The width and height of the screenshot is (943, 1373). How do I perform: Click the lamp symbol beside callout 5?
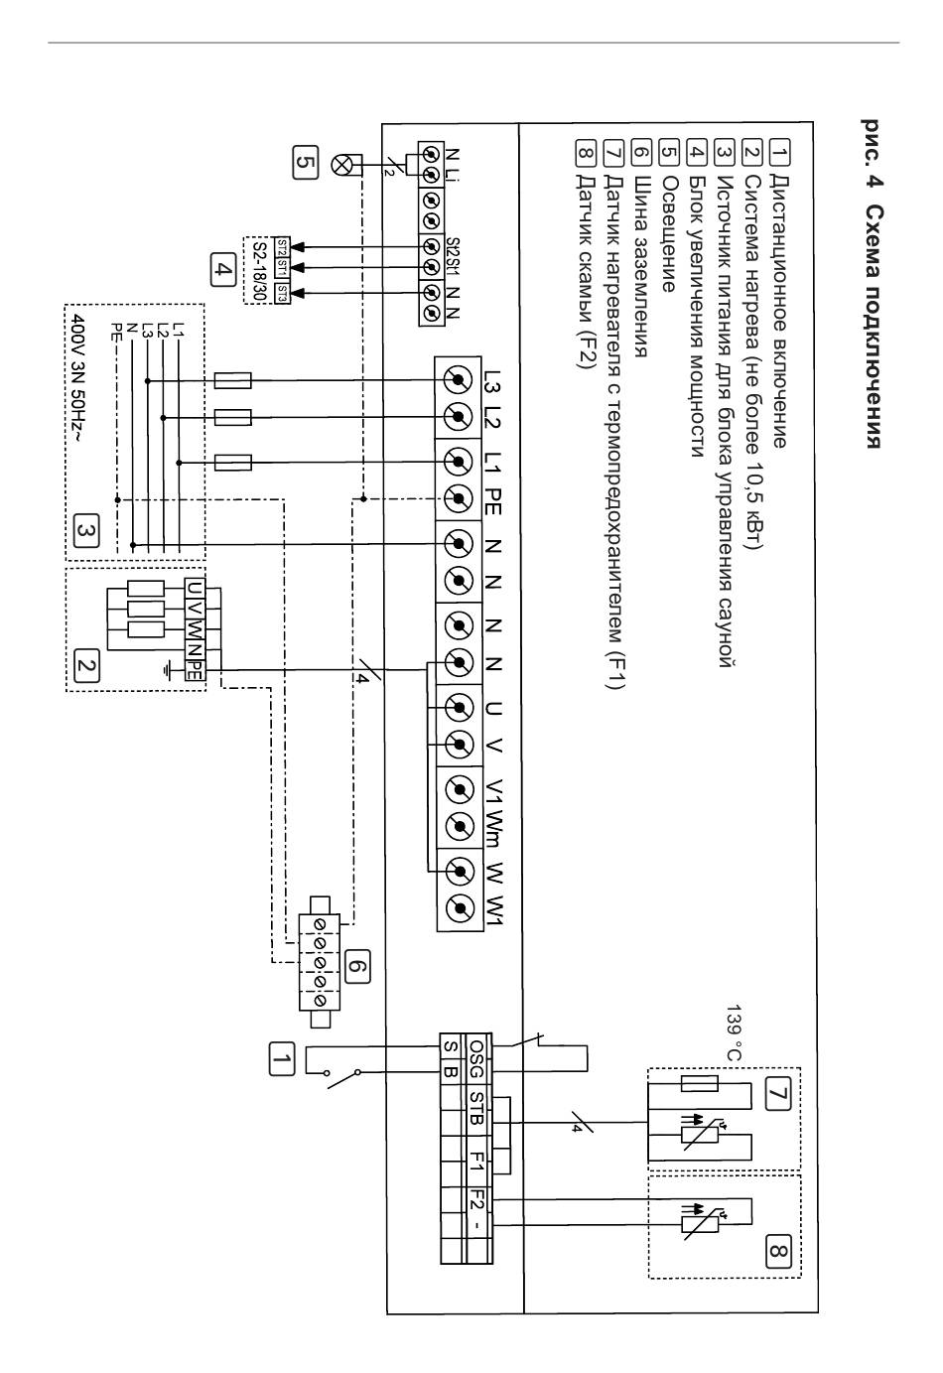pyautogui.click(x=340, y=164)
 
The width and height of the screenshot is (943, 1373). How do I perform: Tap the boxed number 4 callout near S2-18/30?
pyautogui.click(x=222, y=270)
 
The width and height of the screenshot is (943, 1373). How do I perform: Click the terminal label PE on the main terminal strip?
pyautogui.click(x=493, y=500)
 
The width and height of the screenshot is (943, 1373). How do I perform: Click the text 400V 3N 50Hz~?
pyautogui.click(x=80, y=379)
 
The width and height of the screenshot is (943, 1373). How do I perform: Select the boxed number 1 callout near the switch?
pyautogui.click(x=282, y=1058)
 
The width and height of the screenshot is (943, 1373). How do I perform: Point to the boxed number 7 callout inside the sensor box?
pyautogui.click(x=777, y=1093)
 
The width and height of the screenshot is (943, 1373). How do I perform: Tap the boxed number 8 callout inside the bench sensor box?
pyautogui.click(x=777, y=1250)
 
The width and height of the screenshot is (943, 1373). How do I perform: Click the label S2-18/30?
pyautogui.click(x=258, y=271)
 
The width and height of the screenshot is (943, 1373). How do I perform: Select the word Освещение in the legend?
pyautogui.click(x=669, y=234)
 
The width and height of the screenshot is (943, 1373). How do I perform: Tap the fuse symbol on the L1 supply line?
pyautogui.click(x=233, y=462)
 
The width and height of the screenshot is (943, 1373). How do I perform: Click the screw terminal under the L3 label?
pyautogui.click(x=458, y=380)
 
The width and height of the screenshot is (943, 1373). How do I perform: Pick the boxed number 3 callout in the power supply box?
pyautogui.click(x=85, y=532)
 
